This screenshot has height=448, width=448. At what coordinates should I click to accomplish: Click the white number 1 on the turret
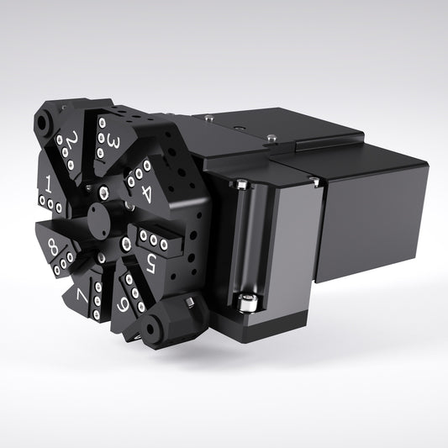click(50, 182)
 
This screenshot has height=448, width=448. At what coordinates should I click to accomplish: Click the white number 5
click(150, 263)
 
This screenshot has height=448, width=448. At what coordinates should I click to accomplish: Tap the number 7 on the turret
click(82, 296)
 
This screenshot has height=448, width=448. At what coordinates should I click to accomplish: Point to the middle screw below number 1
click(51, 204)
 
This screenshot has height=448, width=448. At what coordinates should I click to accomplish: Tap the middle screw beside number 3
click(102, 138)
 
